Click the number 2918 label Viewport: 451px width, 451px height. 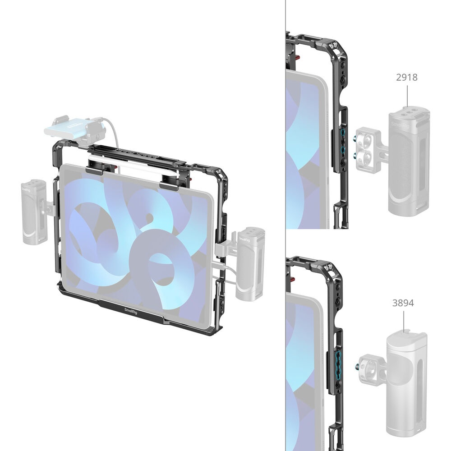tap(406, 77)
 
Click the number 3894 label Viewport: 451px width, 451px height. tap(403, 303)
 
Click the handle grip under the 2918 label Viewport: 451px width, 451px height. tap(409, 161)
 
